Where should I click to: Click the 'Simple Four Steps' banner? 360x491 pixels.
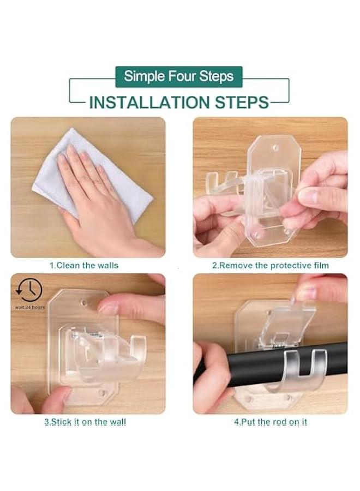tap(179, 77)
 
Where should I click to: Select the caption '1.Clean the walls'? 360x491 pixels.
tap(84, 266)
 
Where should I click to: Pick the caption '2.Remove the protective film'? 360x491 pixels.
tap(271, 266)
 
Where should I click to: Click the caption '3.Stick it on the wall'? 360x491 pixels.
tap(85, 422)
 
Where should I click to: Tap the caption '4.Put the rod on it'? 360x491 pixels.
tap(271, 422)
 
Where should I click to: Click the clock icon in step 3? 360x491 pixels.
tap(29, 290)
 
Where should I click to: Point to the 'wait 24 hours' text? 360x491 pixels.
tap(30, 307)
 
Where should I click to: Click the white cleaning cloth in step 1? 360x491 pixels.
tap(91, 175)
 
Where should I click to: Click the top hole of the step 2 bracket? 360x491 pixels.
tap(275, 147)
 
